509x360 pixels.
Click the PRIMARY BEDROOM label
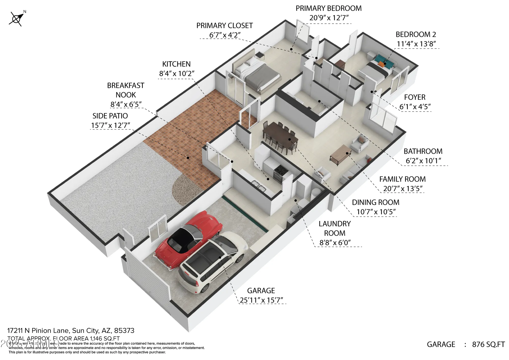point(328,8)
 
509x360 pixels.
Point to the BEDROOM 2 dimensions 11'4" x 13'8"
point(416,44)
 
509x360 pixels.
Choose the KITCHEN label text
point(176,64)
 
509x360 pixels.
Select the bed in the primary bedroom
point(257,74)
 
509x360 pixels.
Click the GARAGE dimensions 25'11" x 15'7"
point(261,300)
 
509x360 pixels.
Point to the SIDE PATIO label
point(110,116)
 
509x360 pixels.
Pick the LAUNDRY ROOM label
point(335,228)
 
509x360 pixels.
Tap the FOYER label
point(415,97)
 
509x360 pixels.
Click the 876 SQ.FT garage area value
point(488,344)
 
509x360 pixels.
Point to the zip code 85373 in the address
point(124,330)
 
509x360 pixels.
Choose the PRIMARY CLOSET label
point(224,26)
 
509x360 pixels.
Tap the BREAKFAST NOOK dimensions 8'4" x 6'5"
point(126,104)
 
